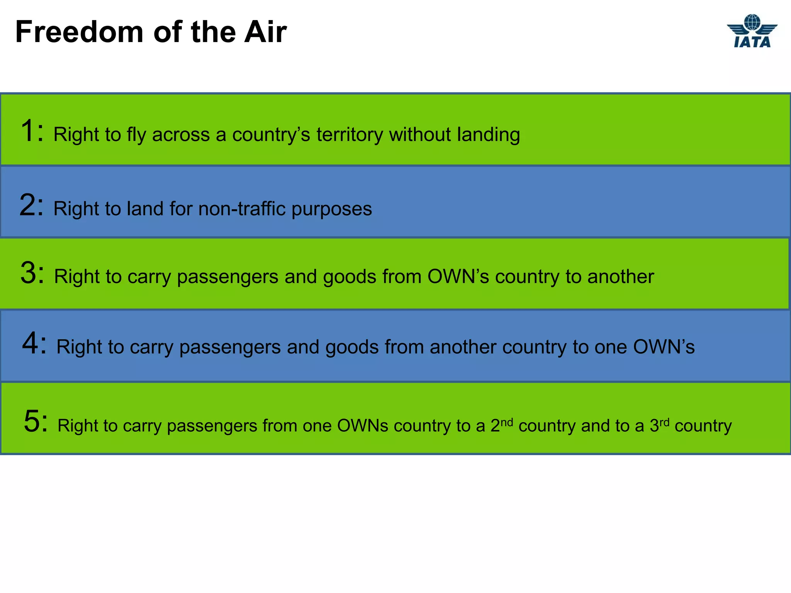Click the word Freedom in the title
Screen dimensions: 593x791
tap(79, 32)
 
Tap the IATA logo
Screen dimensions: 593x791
tap(752, 31)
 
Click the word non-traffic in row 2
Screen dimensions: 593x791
tap(241, 209)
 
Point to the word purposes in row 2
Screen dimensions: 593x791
tap(331, 210)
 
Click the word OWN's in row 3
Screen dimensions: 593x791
tap(458, 276)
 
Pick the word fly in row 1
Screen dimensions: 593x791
tap(136, 135)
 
